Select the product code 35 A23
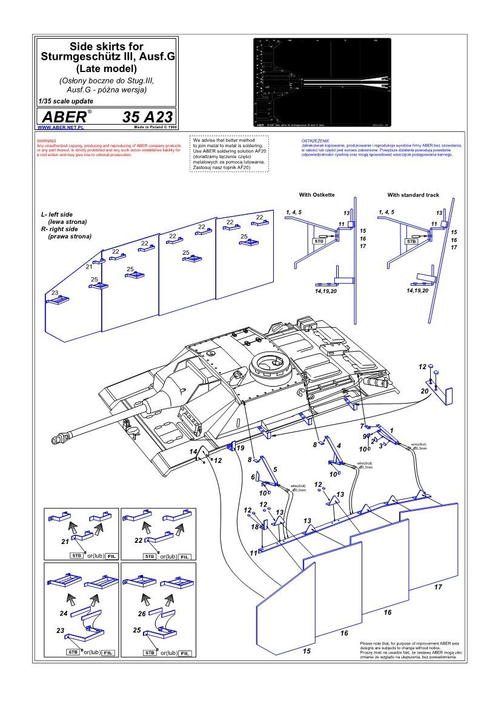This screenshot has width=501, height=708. click(x=147, y=116)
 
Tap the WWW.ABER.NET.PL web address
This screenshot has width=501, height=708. click(x=59, y=128)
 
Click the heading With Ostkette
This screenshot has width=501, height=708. click(x=317, y=195)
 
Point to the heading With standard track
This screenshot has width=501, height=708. click(x=413, y=195)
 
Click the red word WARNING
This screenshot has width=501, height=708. click(x=46, y=140)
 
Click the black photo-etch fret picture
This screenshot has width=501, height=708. click(x=322, y=82)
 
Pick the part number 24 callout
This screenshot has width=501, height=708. click(x=64, y=613)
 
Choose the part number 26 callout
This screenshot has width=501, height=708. click(x=142, y=613)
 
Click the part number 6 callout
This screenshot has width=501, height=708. click(x=254, y=477)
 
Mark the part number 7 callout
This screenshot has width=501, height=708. click(x=362, y=426)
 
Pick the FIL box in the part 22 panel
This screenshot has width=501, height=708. click(x=185, y=556)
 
